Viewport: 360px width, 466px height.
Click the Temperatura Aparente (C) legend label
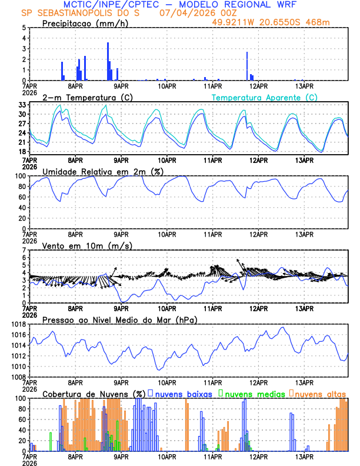click(x=265, y=97)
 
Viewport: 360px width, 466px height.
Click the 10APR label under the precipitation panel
click(x=168, y=86)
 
